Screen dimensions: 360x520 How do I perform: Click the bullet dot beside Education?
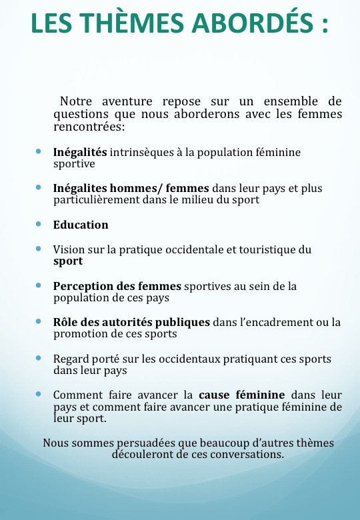[x=39, y=225]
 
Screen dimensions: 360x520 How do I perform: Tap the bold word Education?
[x=81, y=225]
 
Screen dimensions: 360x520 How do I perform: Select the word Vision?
[x=69, y=250]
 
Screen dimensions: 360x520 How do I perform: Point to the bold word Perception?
[x=83, y=286]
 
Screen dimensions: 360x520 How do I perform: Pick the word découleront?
[x=143, y=455]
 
